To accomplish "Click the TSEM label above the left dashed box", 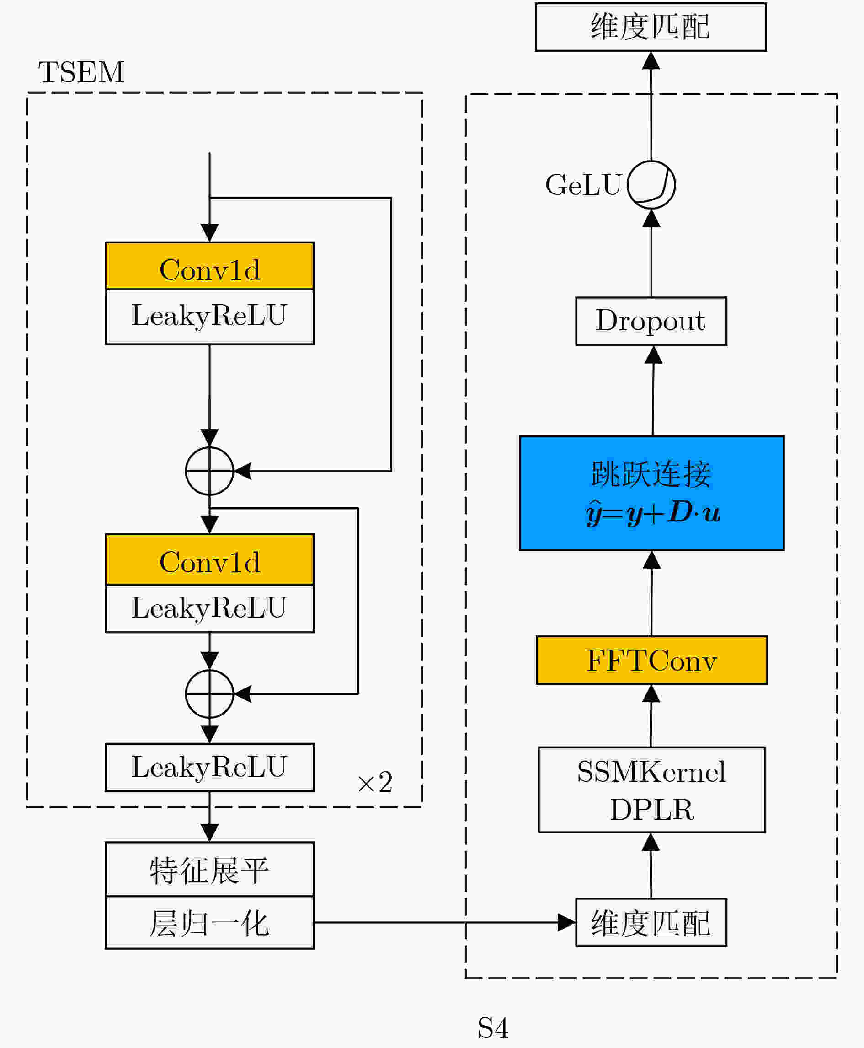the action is [81, 72].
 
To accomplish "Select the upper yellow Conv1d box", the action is [209, 266].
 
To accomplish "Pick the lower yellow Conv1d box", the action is [209, 559].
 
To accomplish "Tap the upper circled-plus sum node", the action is [209, 471].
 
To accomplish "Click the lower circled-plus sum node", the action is [209, 694].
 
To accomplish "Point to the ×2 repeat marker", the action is [375, 782].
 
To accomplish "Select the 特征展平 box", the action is [209, 870].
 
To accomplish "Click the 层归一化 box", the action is [209, 923].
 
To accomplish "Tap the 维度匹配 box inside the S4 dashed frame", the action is [651, 923].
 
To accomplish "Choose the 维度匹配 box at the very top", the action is [651, 27].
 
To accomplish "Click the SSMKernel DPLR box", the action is [651, 790].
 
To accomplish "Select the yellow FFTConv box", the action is [651, 660].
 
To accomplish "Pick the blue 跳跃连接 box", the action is [651, 493].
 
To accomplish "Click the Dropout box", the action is [651, 321].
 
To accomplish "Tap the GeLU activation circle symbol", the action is [651, 185].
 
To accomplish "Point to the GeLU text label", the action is [583, 185].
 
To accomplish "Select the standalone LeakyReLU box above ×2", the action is [209, 768].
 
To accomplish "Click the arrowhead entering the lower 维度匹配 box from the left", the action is [567, 923].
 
